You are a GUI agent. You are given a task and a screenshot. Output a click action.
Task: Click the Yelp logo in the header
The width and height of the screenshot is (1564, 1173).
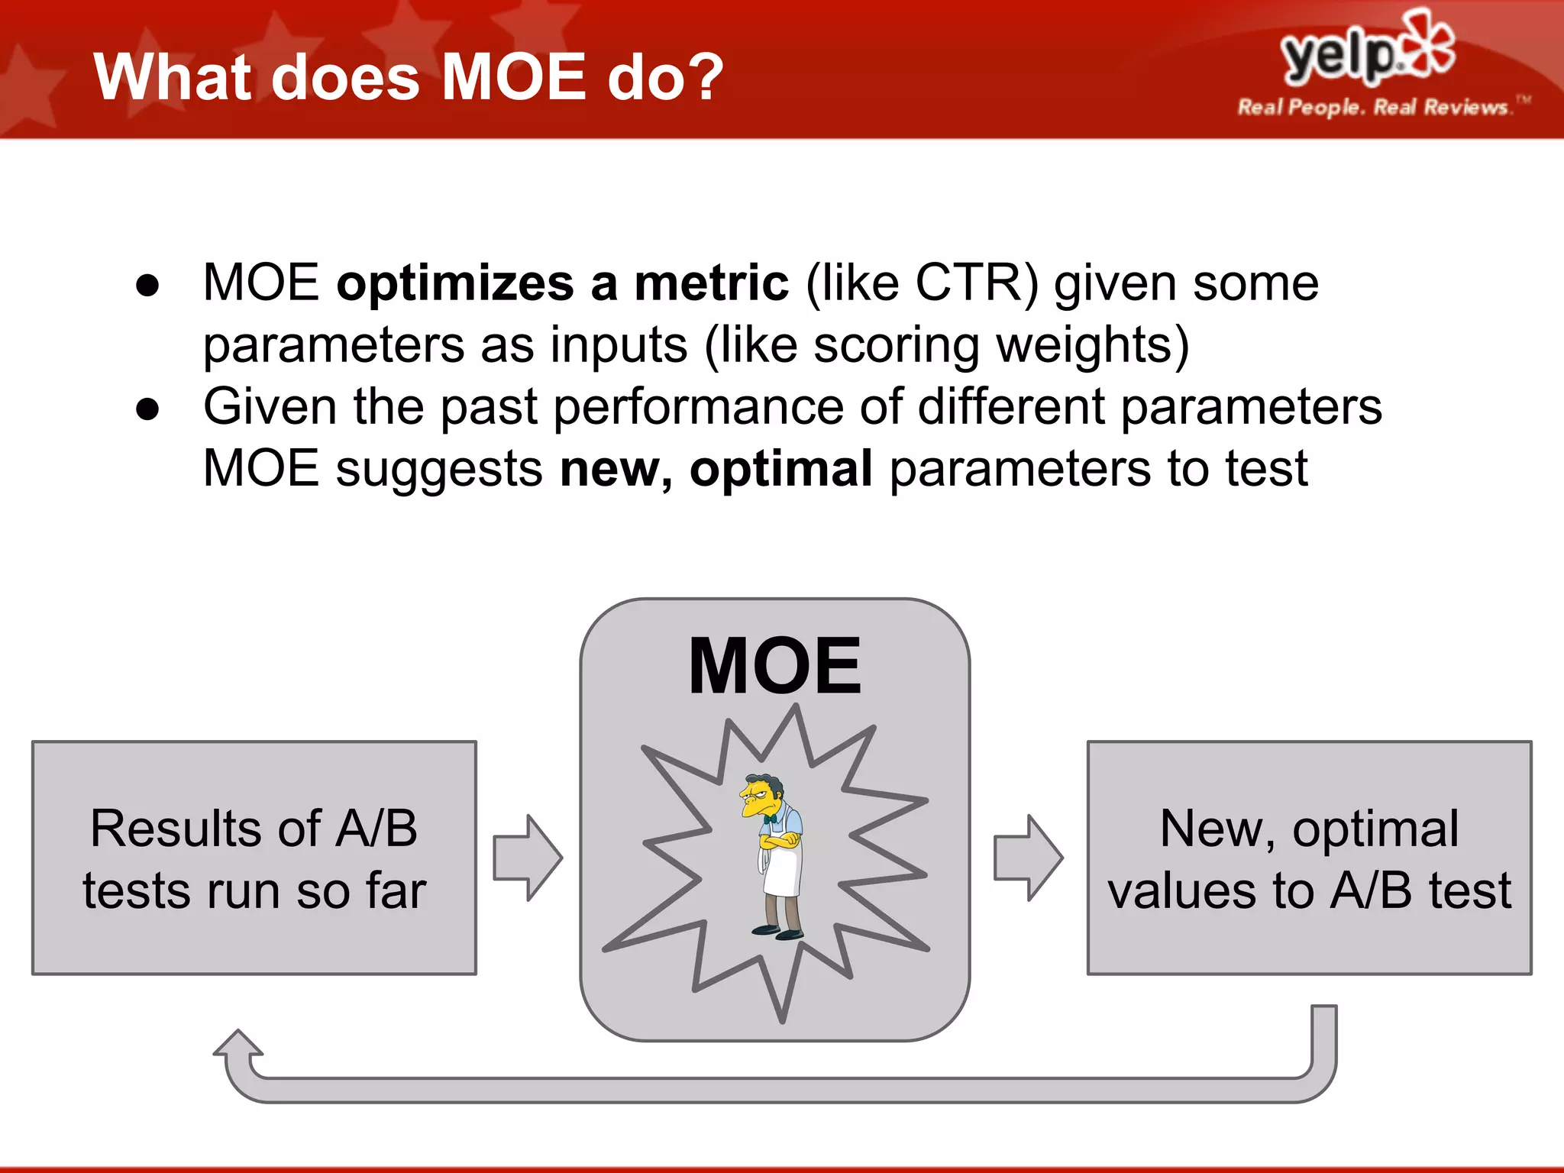pyautogui.click(x=1367, y=50)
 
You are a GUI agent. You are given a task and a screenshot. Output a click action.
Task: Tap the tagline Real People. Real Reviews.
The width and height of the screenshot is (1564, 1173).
pyautogui.click(x=1372, y=107)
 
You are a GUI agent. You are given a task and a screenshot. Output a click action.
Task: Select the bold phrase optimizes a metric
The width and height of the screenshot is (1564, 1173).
pyautogui.click(x=562, y=283)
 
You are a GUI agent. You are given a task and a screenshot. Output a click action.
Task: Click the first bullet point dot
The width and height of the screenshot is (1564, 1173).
pyautogui.click(x=147, y=286)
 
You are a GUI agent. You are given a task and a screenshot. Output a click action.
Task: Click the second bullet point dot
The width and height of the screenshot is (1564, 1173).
pyautogui.click(x=147, y=409)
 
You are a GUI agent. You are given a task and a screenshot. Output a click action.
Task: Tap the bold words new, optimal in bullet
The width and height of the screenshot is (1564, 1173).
pyautogui.click(x=716, y=468)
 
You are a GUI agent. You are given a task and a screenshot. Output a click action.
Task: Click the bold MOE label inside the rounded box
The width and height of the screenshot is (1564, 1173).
pyautogui.click(x=774, y=666)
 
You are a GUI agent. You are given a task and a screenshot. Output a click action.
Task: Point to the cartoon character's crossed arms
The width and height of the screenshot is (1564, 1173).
pyautogui.click(x=779, y=842)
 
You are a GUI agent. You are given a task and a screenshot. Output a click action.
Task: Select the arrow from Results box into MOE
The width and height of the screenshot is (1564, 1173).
pyautogui.click(x=528, y=858)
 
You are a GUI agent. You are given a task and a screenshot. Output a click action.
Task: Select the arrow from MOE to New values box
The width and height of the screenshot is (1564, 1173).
pyautogui.click(x=1028, y=858)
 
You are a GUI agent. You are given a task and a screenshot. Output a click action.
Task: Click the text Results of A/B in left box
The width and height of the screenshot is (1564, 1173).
pyautogui.click(x=254, y=829)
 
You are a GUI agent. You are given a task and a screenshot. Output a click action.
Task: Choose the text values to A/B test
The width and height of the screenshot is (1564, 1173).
pyautogui.click(x=1309, y=891)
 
